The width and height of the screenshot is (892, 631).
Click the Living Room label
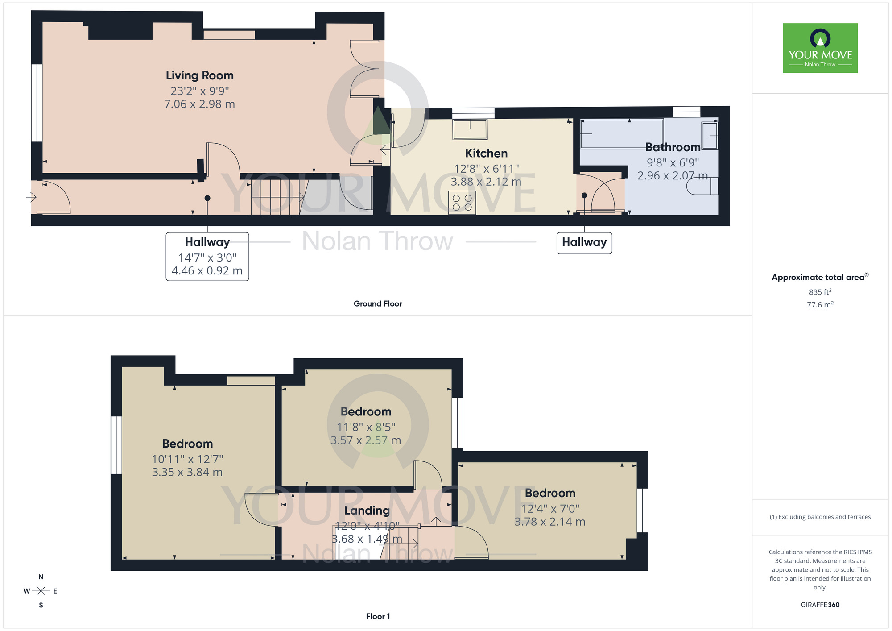click(199, 75)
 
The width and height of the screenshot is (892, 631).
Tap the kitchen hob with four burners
click(462, 203)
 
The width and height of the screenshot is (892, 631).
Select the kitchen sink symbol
click(470, 129)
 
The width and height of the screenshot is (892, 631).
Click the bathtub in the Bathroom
click(621, 133)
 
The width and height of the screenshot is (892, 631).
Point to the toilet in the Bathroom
click(702, 186)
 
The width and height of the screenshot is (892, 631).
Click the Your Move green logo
click(820, 48)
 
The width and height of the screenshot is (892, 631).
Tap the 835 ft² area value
click(820, 292)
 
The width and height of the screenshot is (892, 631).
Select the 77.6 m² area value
click(820, 305)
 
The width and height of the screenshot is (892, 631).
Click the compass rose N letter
click(41, 577)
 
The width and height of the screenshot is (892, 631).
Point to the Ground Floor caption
click(377, 304)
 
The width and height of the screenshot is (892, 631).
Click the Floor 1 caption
click(377, 616)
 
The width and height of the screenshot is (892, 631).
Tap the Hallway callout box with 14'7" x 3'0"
click(207, 257)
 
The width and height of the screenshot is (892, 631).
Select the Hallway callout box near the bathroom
click(584, 243)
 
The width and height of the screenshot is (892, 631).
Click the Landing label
click(367, 511)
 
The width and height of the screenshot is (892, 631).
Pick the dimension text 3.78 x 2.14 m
click(549, 522)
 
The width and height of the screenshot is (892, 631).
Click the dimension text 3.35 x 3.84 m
click(187, 472)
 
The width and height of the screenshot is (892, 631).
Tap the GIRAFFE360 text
click(820, 605)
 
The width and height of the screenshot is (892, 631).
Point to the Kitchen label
click(486, 154)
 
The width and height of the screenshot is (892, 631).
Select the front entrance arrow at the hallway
click(31, 197)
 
